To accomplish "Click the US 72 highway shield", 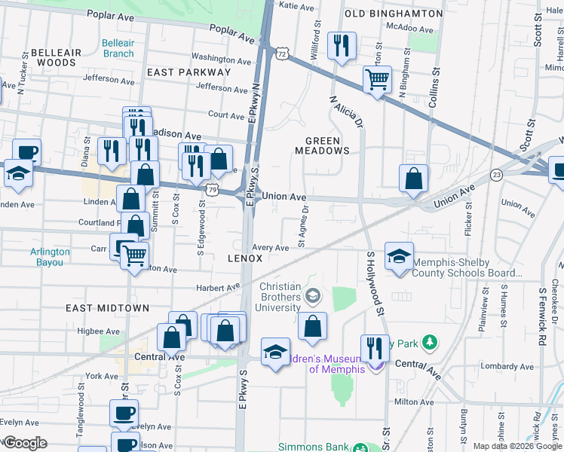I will pyautogui.click(x=281, y=54).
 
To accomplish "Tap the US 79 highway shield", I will pyautogui.click(x=215, y=191).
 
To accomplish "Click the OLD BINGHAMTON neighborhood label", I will pyautogui.click(x=393, y=14).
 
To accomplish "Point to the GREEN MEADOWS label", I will pyautogui.click(x=328, y=145).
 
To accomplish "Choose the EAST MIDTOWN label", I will pyautogui.click(x=107, y=308).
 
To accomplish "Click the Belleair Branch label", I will pyautogui.click(x=118, y=48).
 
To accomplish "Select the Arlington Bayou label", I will pyautogui.click(x=51, y=257).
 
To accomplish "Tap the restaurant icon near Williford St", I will pyautogui.click(x=342, y=46).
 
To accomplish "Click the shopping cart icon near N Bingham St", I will pyautogui.click(x=377, y=78).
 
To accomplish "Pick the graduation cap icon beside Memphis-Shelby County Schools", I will pyautogui.click(x=399, y=257).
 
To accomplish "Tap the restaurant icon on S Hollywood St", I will pyautogui.click(x=375, y=348).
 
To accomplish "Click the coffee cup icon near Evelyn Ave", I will pyautogui.click(x=124, y=414).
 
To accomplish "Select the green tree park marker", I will pyautogui.click(x=430, y=344).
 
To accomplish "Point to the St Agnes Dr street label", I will pyautogui.click(x=303, y=227).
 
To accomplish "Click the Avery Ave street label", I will pyautogui.click(x=271, y=248).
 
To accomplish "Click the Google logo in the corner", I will pyautogui.click(x=24, y=442).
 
